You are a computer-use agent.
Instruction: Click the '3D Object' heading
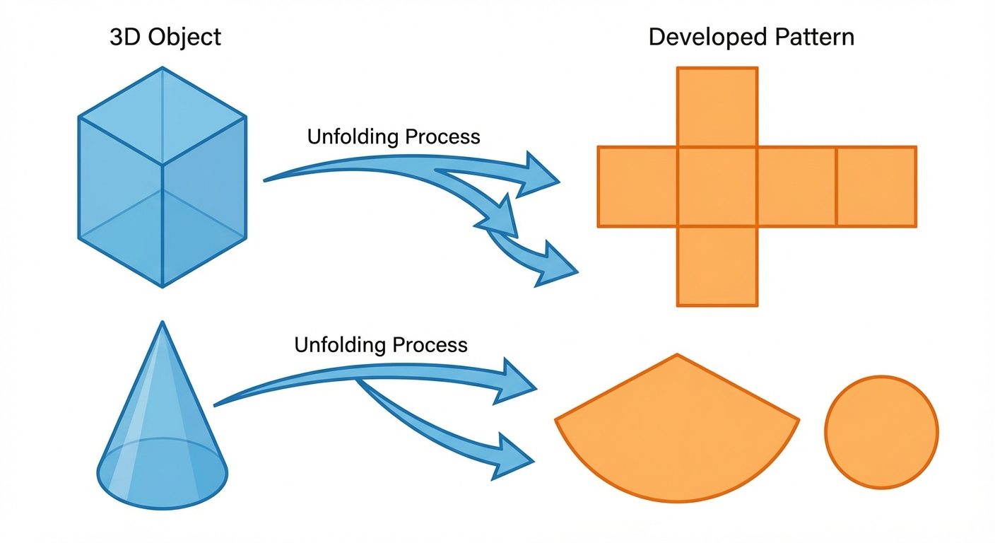pos(165,36)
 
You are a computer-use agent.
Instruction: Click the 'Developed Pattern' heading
pos(751,36)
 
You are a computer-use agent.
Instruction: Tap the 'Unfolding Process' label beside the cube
pos(394,136)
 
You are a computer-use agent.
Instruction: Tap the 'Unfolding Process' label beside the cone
pos(381,345)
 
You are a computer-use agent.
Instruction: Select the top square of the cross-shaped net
pos(717,107)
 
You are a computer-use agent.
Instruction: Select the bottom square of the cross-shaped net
pos(717,267)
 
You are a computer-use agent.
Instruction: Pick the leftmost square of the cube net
pos(637,187)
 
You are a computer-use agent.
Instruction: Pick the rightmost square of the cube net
pos(876,187)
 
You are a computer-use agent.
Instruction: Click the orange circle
pos(881,431)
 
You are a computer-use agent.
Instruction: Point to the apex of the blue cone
pos(163,323)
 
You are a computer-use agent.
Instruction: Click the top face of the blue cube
pos(163,116)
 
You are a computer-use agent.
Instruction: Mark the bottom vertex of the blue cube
pos(163,286)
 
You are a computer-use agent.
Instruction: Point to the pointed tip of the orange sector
pos(677,355)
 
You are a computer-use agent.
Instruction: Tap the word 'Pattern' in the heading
pos(812,36)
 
